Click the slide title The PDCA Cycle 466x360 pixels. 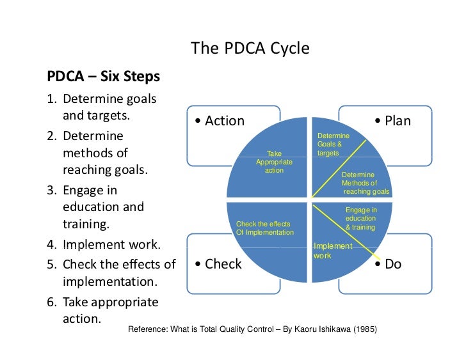[x=250, y=49]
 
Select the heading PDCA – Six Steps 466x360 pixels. [x=103, y=77]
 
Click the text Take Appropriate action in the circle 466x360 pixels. [x=274, y=162]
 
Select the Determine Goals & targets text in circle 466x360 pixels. [x=333, y=145]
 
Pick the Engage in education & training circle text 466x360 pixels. [x=361, y=219]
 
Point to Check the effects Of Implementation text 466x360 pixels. [x=264, y=228]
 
